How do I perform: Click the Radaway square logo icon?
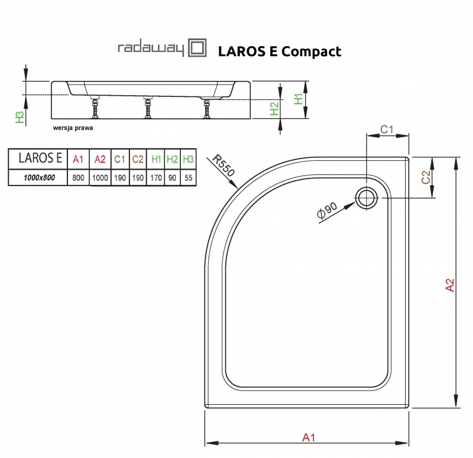click(x=197, y=48)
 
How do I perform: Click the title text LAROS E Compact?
click(x=279, y=51)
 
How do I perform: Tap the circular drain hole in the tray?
click(x=366, y=197)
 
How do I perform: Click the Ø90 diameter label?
click(x=327, y=212)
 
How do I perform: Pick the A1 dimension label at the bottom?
click(x=307, y=437)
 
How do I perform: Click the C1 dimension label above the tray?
click(x=387, y=129)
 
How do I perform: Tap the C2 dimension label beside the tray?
click(x=426, y=177)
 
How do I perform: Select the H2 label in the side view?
click(x=273, y=108)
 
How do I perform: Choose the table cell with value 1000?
click(x=100, y=177)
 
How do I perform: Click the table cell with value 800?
click(x=78, y=177)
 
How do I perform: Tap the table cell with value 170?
click(x=156, y=177)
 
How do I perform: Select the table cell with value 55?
click(x=189, y=177)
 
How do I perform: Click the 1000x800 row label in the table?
click(x=37, y=177)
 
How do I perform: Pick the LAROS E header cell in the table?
click(x=37, y=158)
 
